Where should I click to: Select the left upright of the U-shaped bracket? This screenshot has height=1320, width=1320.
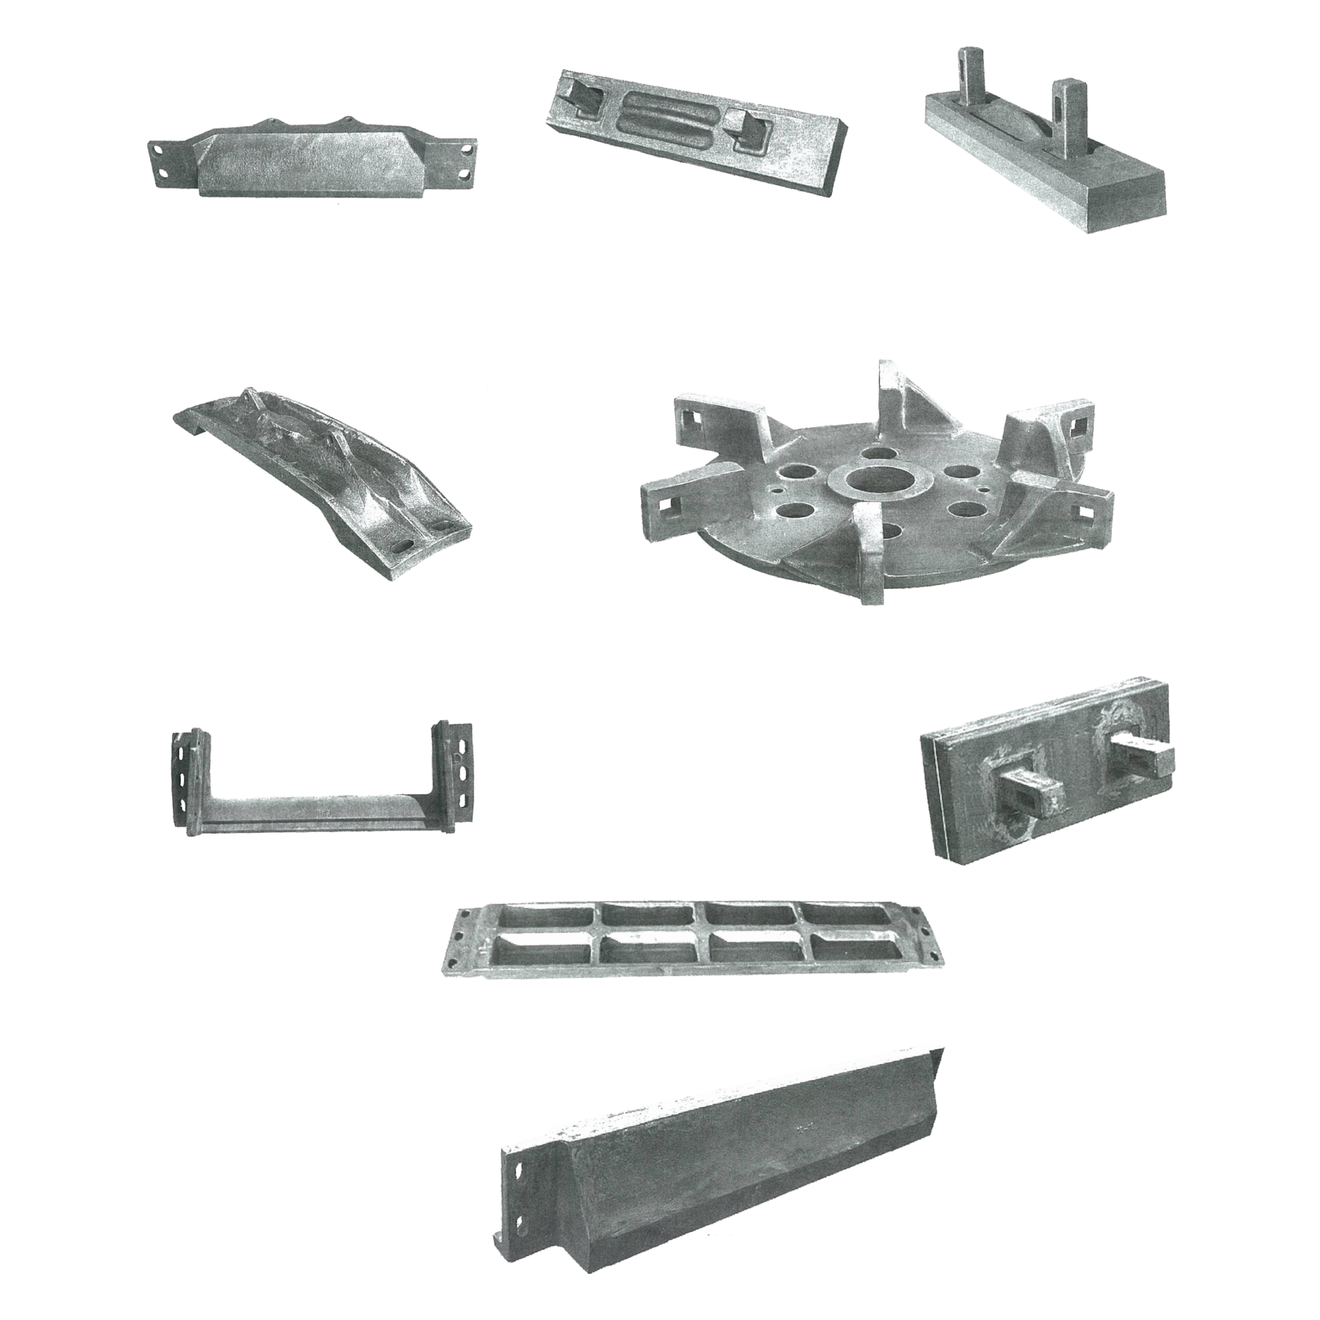(189, 779)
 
